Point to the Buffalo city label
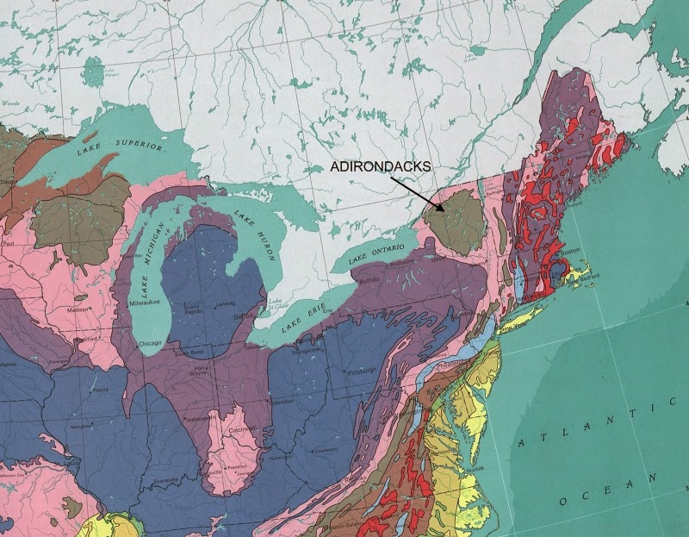coord(369,281)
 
